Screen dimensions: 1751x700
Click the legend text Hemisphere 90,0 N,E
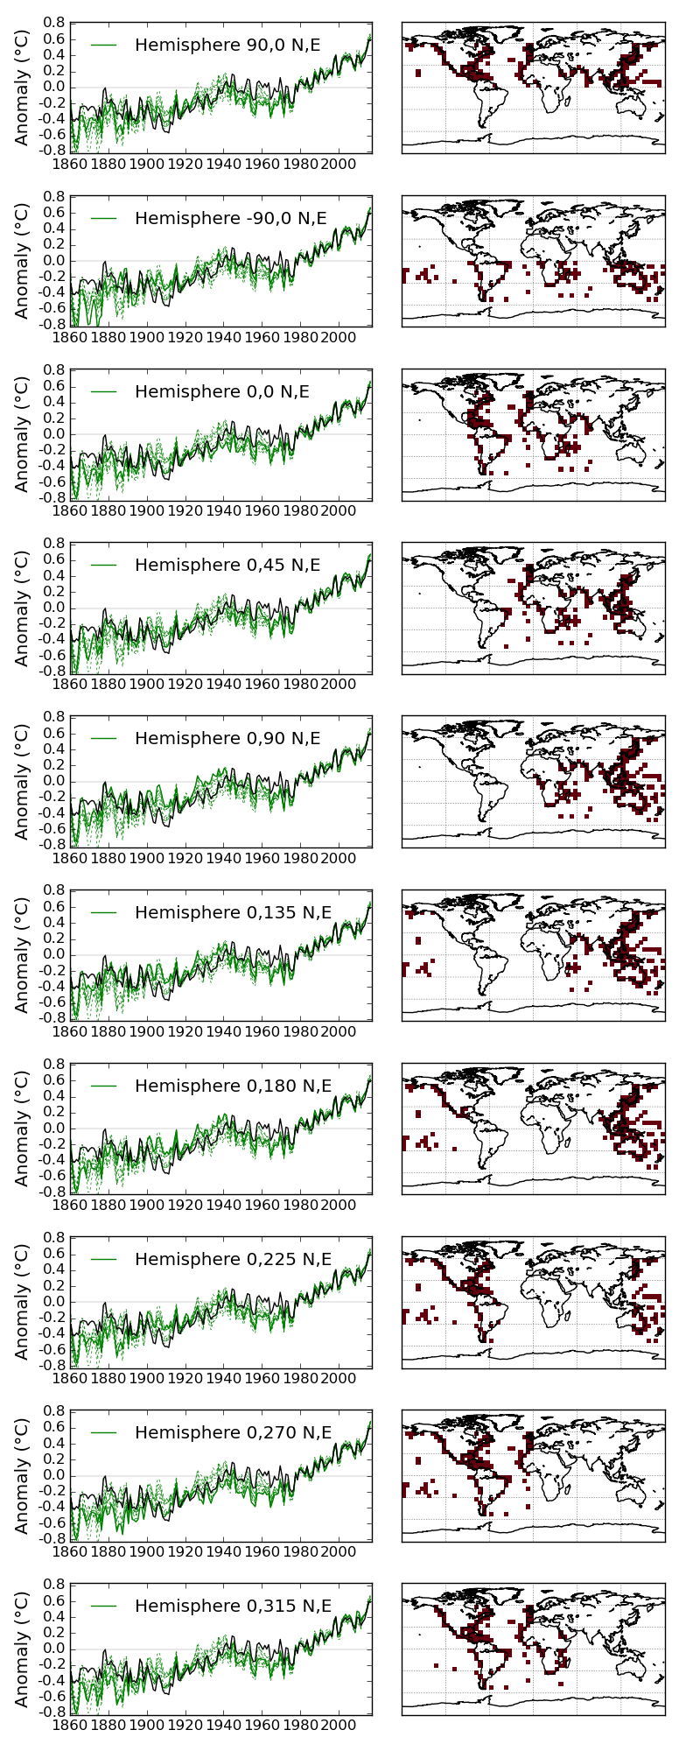point(227,45)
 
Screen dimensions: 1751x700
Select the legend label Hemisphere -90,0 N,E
point(231,218)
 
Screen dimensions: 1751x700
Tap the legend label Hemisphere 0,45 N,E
point(227,566)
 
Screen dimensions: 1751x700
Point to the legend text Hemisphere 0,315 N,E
point(234,1607)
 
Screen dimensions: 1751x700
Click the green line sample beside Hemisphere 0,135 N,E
point(103,913)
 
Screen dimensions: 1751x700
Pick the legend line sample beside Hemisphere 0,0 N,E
point(103,392)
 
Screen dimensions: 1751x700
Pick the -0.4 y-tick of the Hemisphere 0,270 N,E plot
point(53,1508)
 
